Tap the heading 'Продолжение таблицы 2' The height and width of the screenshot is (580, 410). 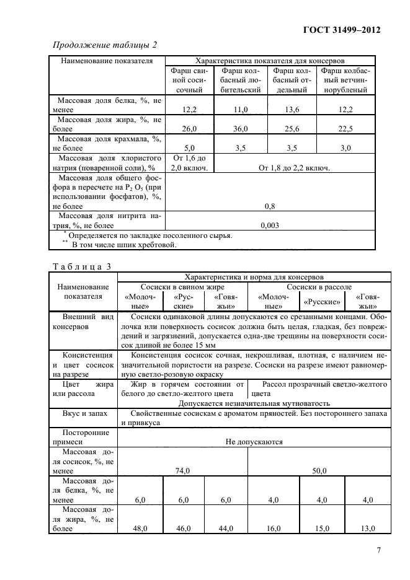click(x=105, y=45)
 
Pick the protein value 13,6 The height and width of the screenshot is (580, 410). click(x=292, y=109)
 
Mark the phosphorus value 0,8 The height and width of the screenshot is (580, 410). click(x=270, y=206)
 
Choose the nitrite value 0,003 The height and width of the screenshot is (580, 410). click(x=270, y=225)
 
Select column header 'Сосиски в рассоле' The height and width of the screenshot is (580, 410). click(x=319, y=287)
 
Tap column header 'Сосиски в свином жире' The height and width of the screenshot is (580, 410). click(x=182, y=287)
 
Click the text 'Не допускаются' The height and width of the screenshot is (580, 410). click(x=254, y=442)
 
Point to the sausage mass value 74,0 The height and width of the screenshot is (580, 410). click(x=182, y=471)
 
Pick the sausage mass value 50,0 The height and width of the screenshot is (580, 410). click(x=319, y=471)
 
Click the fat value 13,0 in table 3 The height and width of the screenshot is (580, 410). click(x=367, y=528)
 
